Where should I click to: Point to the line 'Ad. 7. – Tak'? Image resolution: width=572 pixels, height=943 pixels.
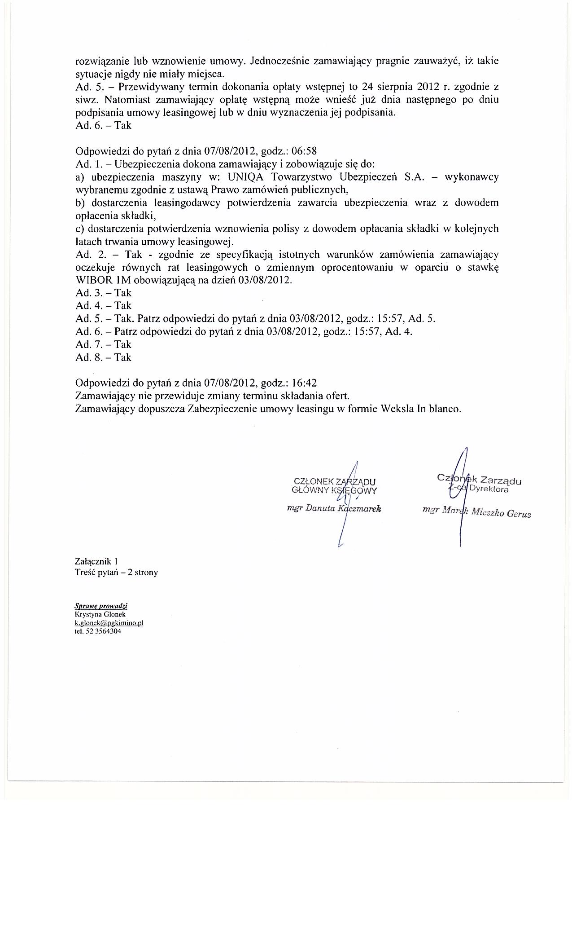coord(104,345)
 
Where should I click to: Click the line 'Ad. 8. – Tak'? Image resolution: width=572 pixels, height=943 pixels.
coord(104,358)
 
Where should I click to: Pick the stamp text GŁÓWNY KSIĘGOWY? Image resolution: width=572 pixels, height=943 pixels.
coord(334,490)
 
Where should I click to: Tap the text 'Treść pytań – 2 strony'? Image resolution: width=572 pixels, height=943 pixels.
coord(117,573)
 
